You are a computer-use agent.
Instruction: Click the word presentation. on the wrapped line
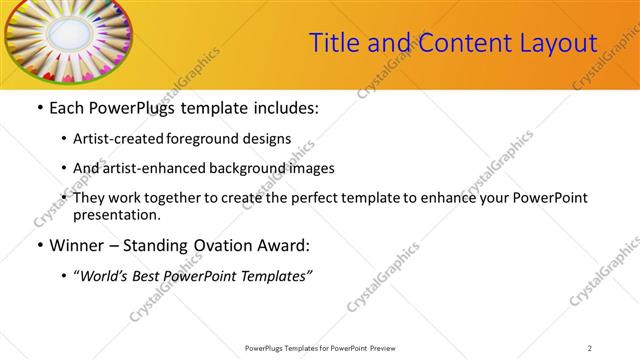click(x=116, y=214)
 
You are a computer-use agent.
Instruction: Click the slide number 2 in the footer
click(x=589, y=347)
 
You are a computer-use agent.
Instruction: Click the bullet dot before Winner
click(x=39, y=245)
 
